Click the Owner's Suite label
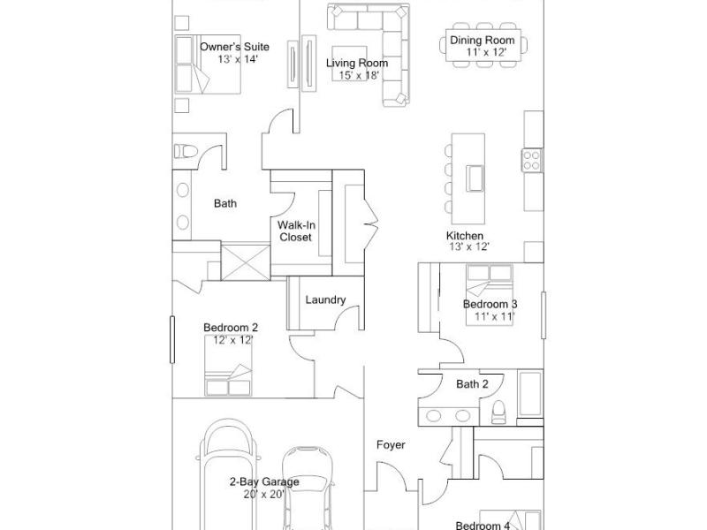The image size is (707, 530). (x=234, y=47)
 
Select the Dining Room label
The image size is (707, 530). (x=483, y=40)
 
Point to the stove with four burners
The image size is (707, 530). (x=532, y=161)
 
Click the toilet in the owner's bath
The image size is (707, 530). (x=186, y=151)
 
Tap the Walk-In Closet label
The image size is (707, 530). (x=296, y=231)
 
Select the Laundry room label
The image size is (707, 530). (x=325, y=299)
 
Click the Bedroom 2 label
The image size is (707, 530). (x=231, y=328)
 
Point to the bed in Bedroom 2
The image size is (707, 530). (x=228, y=366)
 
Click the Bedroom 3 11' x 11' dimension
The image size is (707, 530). (x=494, y=316)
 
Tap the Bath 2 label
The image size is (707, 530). (x=472, y=384)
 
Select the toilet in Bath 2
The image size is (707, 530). (x=498, y=413)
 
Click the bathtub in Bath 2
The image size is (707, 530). (x=529, y=393)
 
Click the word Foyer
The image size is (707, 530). (x=391, y=445)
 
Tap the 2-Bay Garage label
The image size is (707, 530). (x=264, y=481)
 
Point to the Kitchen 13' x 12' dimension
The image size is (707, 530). (x=469, y=246)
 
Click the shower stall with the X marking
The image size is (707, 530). (x=246, y=262)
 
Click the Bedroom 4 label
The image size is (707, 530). (x=483, y=526)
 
